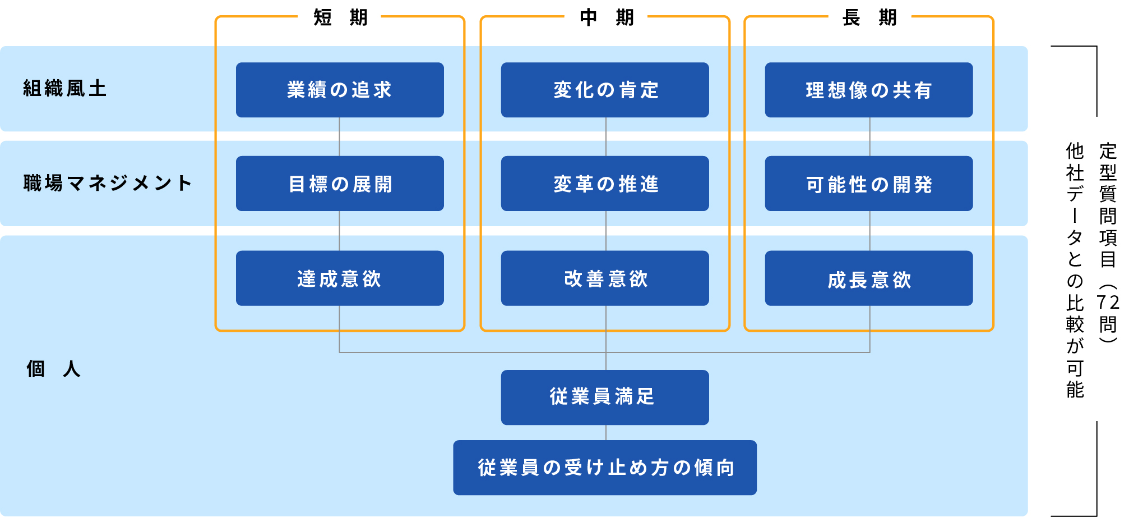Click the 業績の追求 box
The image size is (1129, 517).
point(340,90)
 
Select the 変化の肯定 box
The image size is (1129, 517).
point(605,90)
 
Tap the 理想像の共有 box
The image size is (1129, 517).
point(869,90)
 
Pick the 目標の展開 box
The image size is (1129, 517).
point(340,184)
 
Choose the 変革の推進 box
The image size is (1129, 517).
point(605,184)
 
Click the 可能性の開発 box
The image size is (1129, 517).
point(869,184)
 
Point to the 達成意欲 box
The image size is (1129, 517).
point(340,278)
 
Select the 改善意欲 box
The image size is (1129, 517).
point(605,278)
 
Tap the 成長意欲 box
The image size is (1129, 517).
point(869,278)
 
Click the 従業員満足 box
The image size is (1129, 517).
point(605,397)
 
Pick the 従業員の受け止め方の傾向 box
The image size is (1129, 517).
point(605,468)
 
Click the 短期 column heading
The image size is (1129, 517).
point(340,17)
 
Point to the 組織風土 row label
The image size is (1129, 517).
point(65,89)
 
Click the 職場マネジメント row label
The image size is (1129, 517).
point(108,183)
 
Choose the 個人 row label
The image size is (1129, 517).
point(54,369)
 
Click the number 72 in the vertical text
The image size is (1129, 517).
point(1108,303)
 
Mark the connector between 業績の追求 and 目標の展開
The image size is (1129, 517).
point(339,136)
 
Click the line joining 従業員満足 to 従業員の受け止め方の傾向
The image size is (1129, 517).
point(606,432)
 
